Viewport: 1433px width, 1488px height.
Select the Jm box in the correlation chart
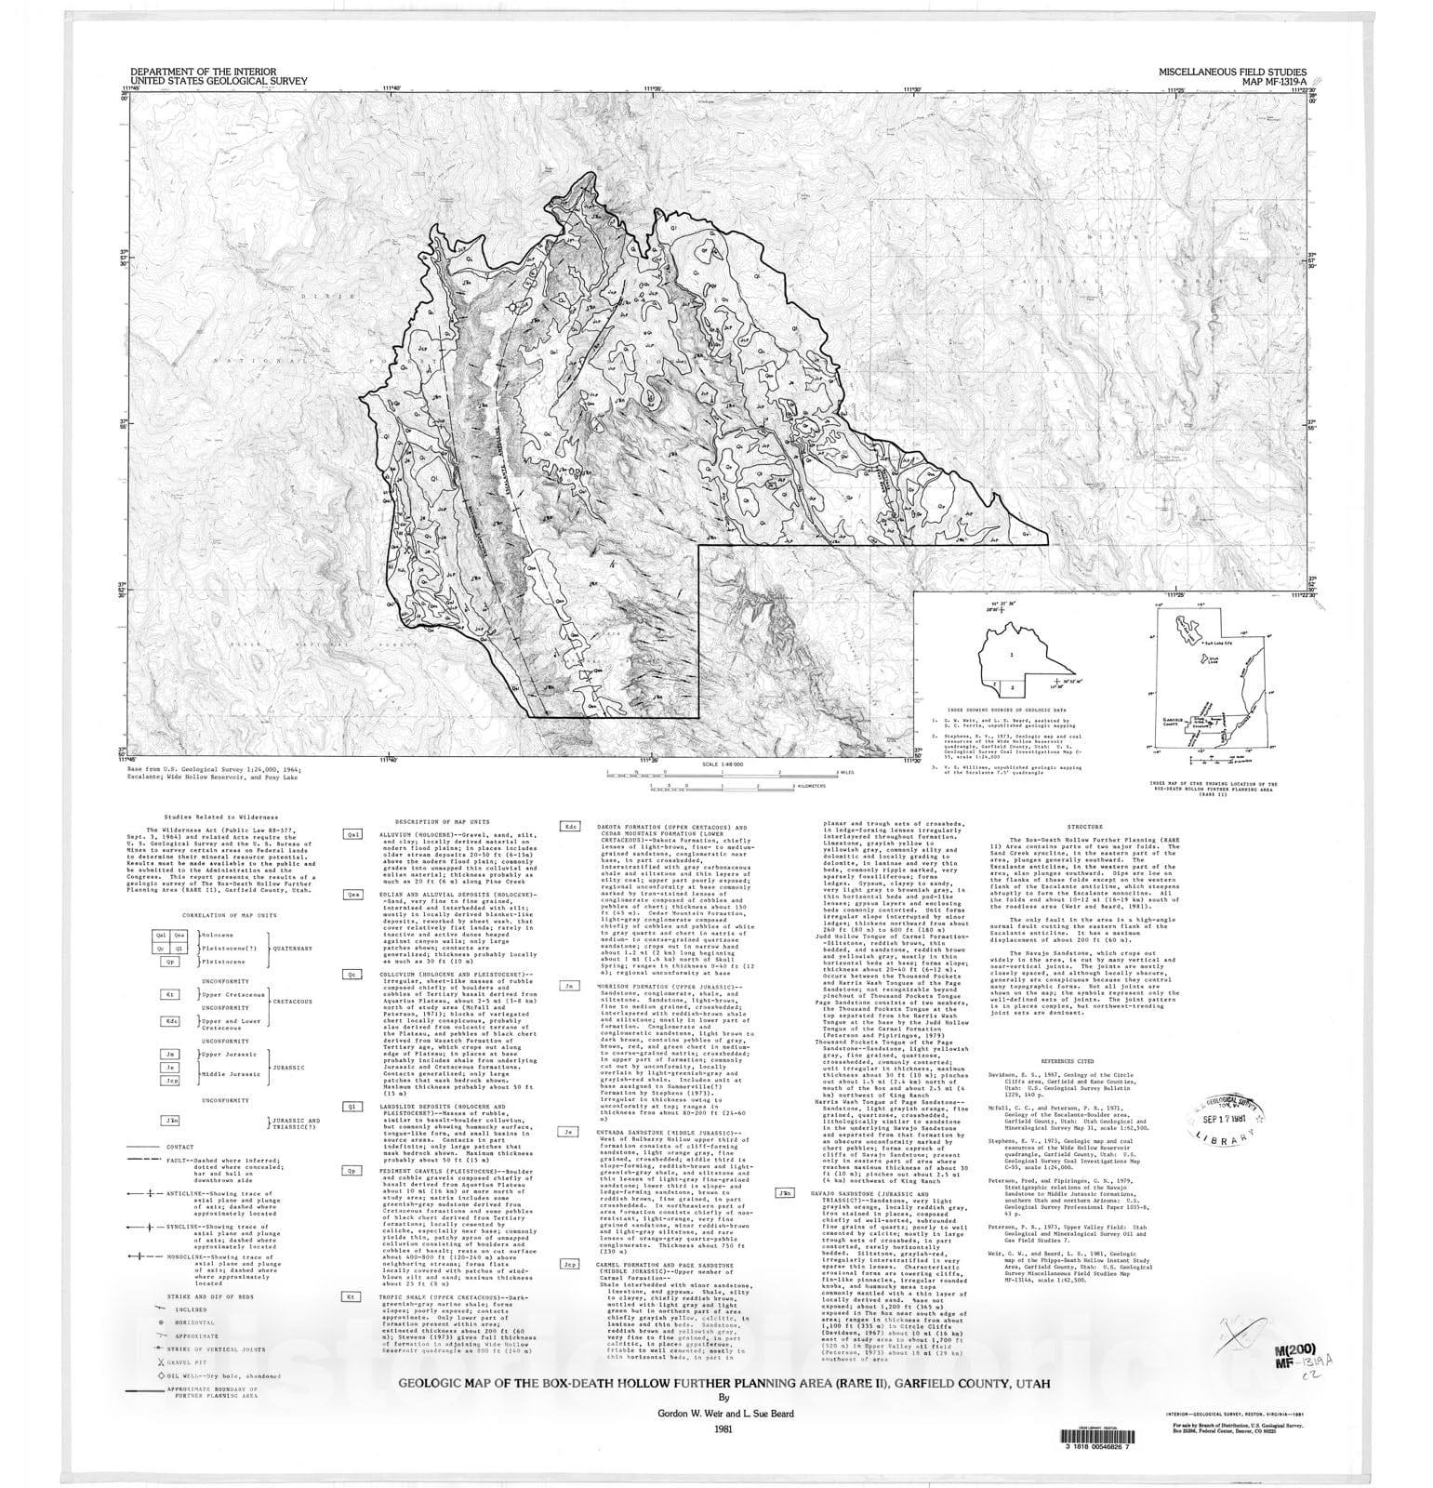coord(169,1054)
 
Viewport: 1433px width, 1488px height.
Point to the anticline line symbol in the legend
coord(144,1193)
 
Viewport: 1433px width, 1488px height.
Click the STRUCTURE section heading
coord(1084,826)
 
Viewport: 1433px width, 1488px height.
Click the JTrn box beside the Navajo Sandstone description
coord(784,1192)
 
